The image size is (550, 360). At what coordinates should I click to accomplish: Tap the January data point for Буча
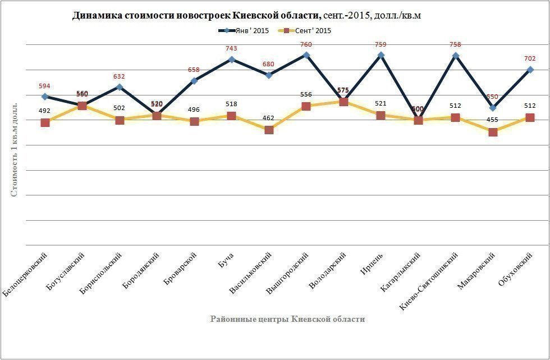[231, 60]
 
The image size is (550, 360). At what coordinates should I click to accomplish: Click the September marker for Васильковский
[269, 130]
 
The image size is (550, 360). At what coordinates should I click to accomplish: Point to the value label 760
[306, 44]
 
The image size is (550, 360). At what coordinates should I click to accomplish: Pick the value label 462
[269, 119]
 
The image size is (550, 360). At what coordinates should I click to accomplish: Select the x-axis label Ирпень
[372, 264]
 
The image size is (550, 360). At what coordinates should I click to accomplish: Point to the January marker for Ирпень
[381, 55]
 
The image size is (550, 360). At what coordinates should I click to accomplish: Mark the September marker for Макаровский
[493, 132]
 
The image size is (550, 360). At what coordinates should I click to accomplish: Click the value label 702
[530, 59]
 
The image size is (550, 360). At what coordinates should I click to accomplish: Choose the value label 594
[44, 86]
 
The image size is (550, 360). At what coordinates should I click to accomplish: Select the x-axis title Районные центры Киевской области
[287, 319]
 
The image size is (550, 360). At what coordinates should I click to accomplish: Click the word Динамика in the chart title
[95, 16]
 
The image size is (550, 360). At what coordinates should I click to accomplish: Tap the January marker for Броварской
[194, 81]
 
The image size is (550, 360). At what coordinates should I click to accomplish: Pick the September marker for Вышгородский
[306, 106]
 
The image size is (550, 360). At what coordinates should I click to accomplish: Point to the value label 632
[119, 76]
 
